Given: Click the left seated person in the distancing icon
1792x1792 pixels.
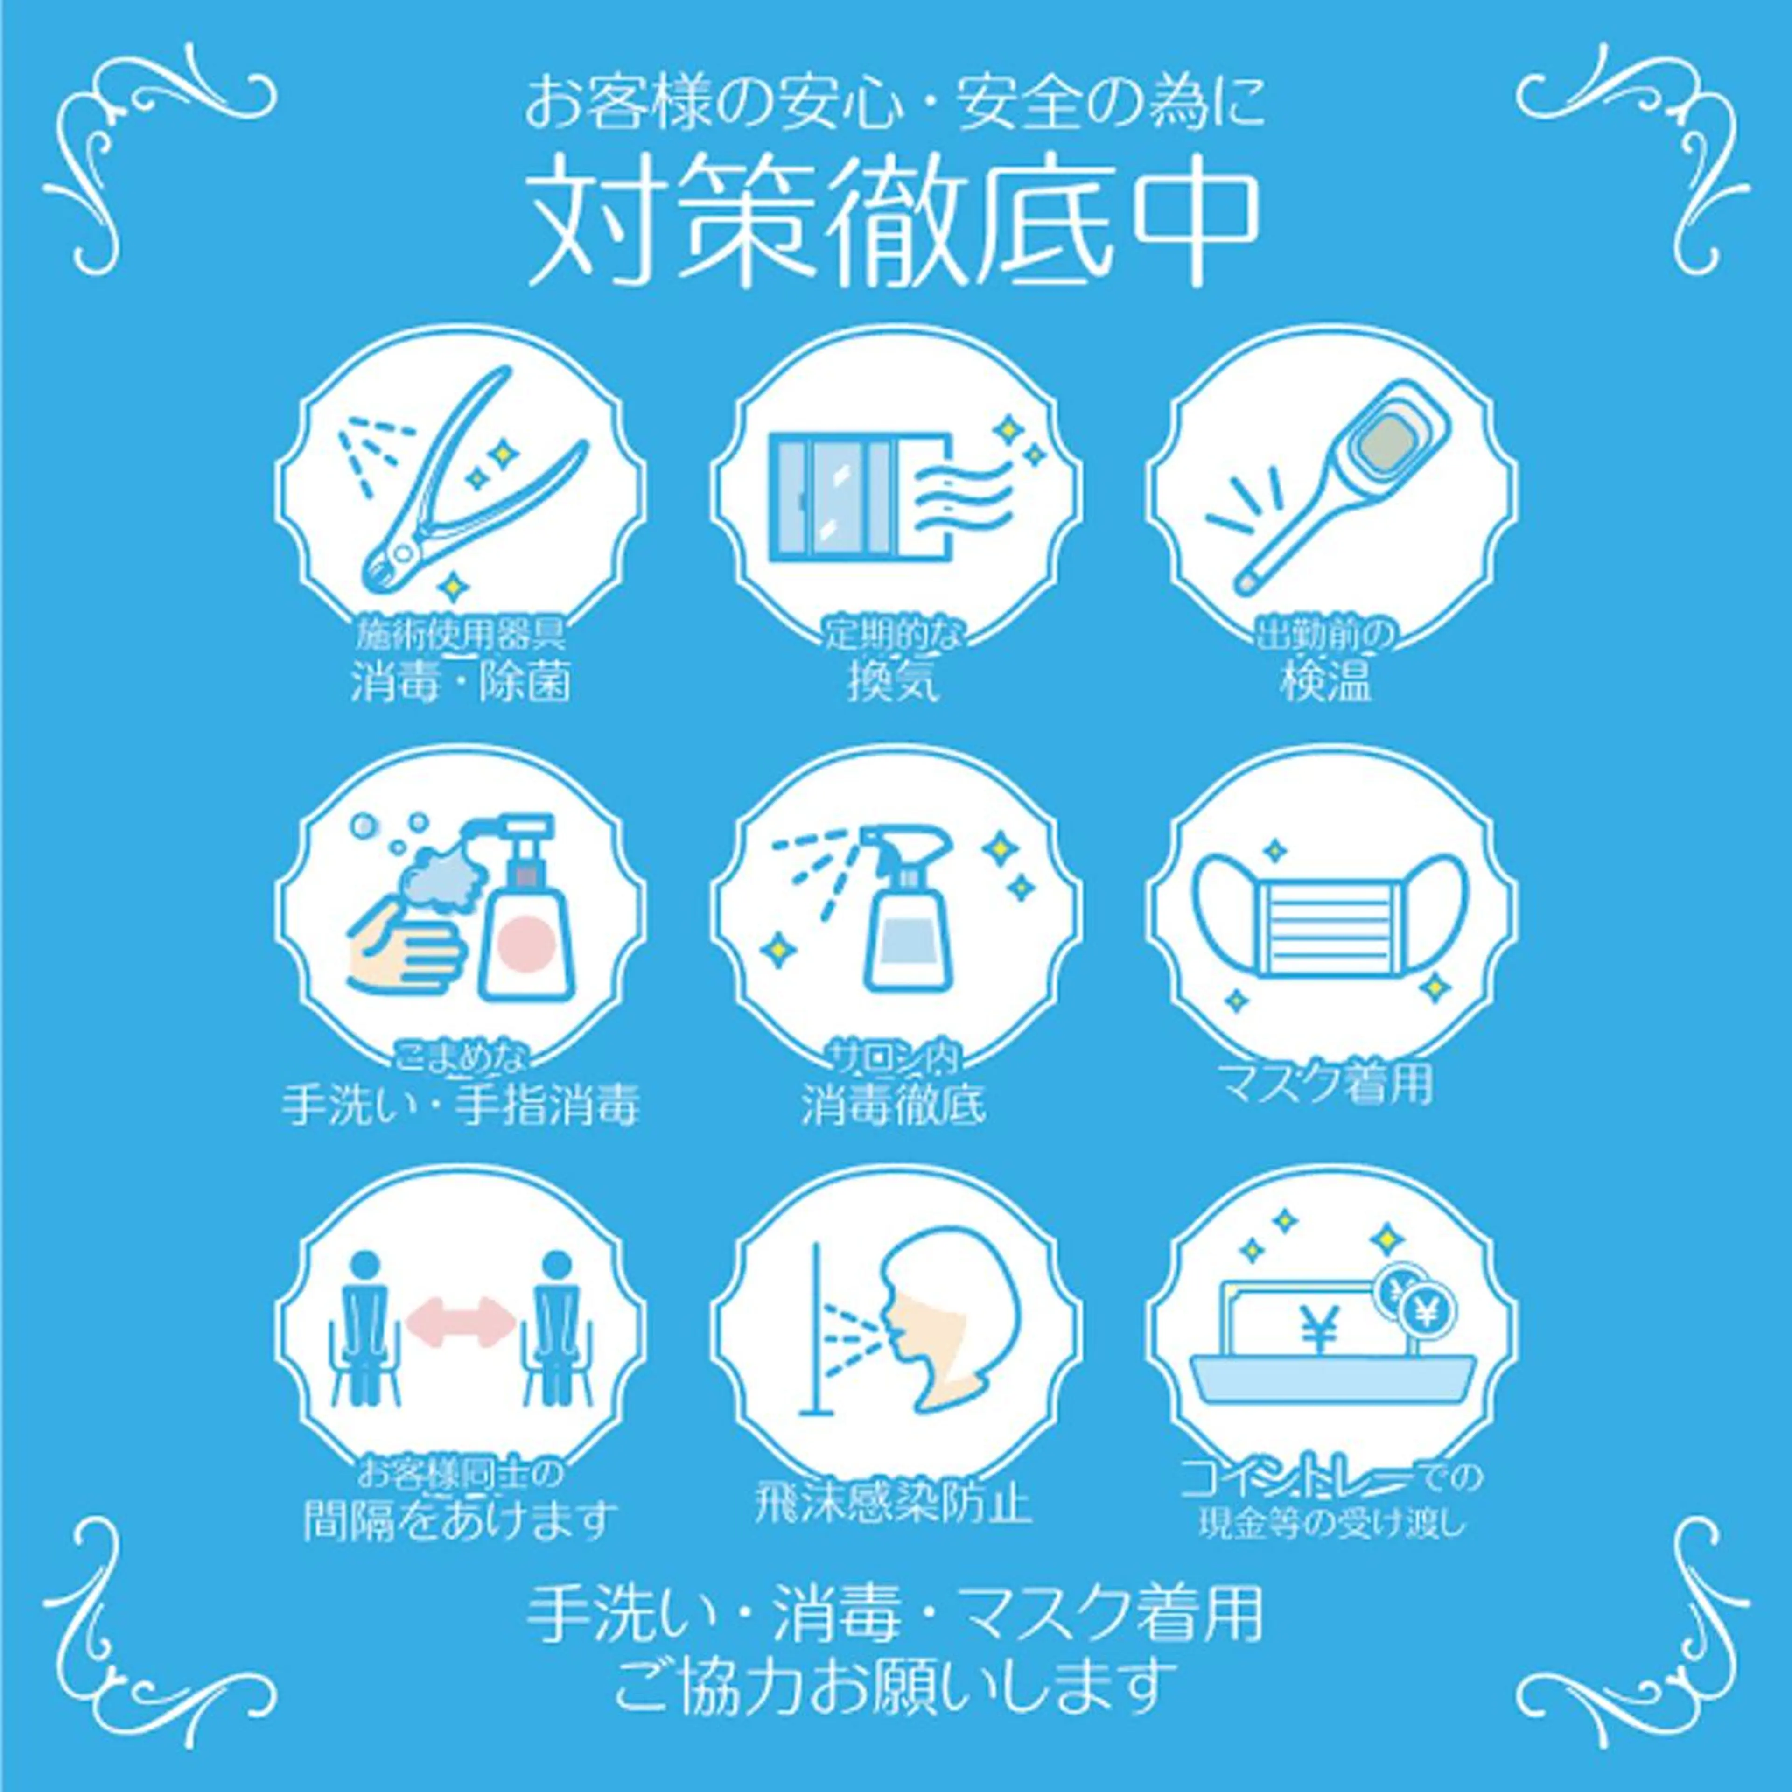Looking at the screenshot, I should pos(368,1326).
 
